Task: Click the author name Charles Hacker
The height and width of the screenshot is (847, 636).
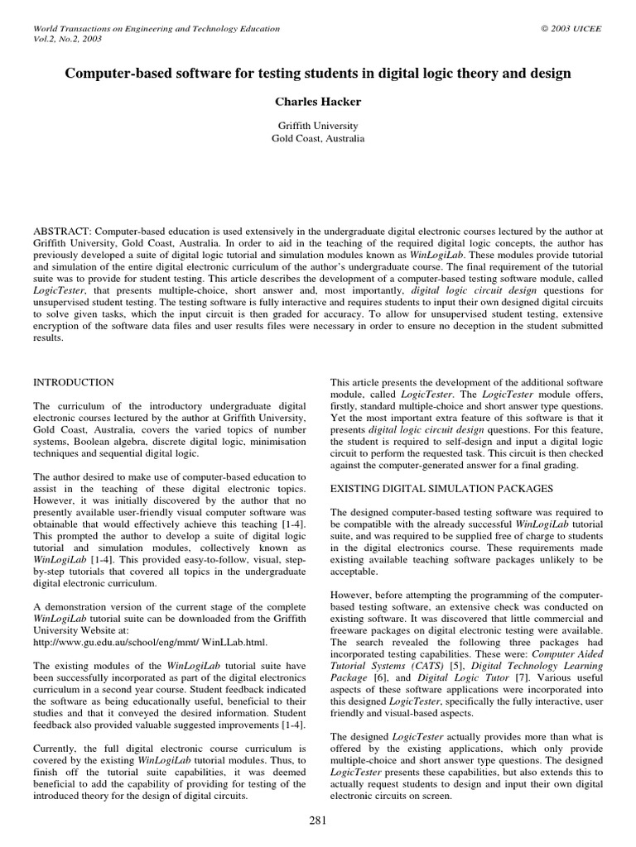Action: [x=318, y=101]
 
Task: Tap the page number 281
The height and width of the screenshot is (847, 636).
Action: [x=318, y=821]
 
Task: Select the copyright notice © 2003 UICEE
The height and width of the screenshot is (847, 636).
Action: [x=571, y=29]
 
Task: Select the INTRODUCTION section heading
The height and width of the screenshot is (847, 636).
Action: [x=73, y=382]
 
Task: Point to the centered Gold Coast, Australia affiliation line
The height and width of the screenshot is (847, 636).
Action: [x=318, y=139]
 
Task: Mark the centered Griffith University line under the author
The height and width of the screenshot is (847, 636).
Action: [x=318, y=126]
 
